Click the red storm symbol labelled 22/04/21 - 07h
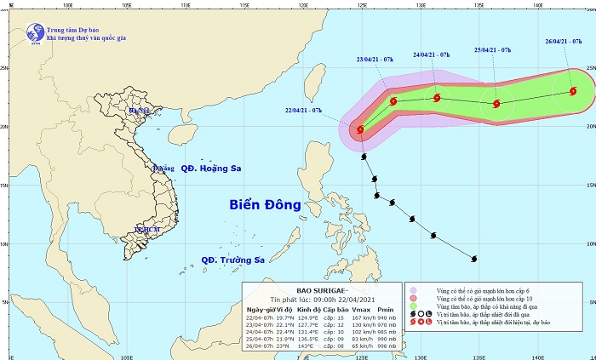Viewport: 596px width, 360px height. [360, 130]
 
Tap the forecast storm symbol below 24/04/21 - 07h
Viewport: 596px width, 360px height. [437, 98]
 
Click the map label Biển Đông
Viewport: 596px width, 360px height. [265, 205]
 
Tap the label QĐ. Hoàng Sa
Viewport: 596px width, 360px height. [209, 169]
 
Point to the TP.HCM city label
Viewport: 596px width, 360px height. [146, 230]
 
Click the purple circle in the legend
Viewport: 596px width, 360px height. [413, 291]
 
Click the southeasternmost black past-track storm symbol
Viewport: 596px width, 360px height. [474, 259]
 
